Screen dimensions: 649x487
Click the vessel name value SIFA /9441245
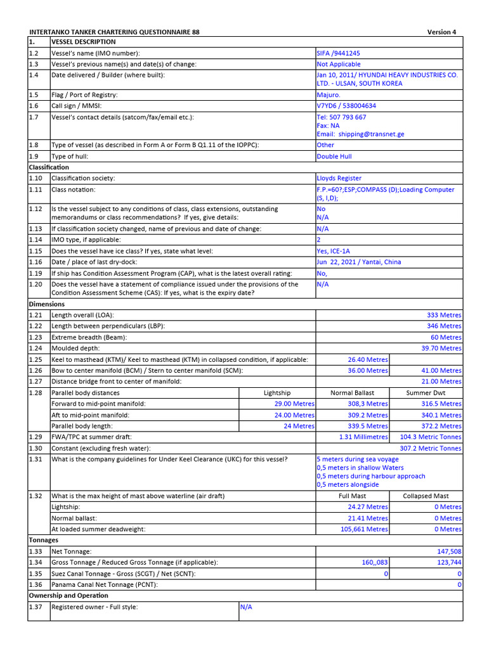pyautogui.click(x=338, y=54)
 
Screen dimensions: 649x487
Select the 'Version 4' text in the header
pyautogui.click(x=441, y=32)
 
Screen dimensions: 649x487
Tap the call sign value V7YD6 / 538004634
pyautogui.click(x=346, y=106)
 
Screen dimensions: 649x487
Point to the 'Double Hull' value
pyautogui.click(x=334, y=157)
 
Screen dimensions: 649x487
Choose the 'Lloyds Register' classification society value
pyautogui.click(x=339, y=179)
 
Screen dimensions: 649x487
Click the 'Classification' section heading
pyautogui.click(x=48, y=167)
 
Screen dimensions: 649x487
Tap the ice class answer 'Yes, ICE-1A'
pyautogui.click(x=333, y=251)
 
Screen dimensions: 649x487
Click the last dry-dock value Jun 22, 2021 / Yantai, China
pyautogui.click(x=358, y=262)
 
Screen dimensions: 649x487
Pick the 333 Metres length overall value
pyautogui.click(x=444, y=315)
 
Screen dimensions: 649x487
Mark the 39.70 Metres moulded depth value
pyautogui.click(x=441, y=349)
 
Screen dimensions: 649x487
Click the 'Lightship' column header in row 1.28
pyautogui.click(x=277, y=393)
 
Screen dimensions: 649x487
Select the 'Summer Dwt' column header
pyautogui.click(x=425, y=393)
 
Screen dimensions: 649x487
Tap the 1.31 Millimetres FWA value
pyautogui.click(x=363, y=437)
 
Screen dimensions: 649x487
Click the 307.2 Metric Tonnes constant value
pyautogui.click(x=431, y=449)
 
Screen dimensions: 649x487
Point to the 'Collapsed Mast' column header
pyautogui.click(x=425, y=496)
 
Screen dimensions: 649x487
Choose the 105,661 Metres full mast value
pyautogui.click(x=364, y=529)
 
